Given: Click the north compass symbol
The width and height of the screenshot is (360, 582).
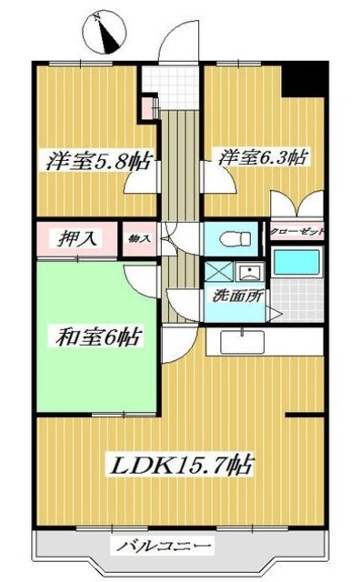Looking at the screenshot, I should pos(108,34).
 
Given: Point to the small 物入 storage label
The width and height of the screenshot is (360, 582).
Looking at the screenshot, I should pos(139,238).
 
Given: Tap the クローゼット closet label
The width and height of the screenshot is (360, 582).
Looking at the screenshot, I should pos(296,232).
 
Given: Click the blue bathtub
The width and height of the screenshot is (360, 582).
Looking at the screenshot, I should pos(297,262).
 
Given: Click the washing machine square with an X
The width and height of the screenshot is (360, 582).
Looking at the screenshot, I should pos(218,271).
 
